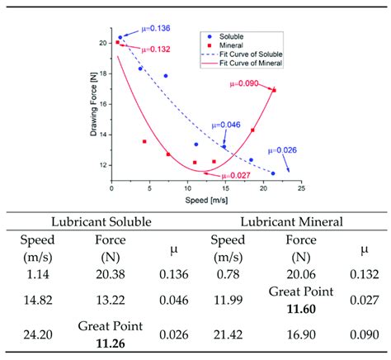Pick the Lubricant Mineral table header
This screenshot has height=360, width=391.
291,222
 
